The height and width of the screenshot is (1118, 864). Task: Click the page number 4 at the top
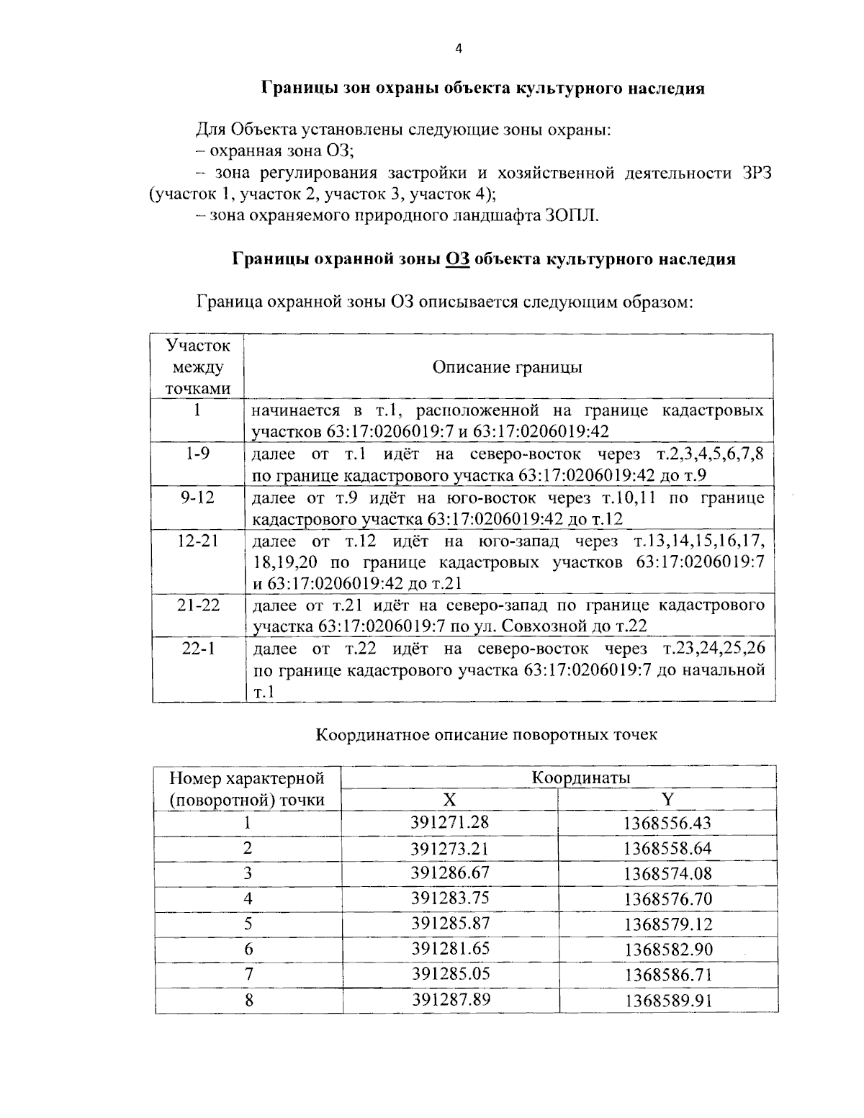(x=459, y=49)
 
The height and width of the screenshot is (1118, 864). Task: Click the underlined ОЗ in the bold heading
(x=458, y=259)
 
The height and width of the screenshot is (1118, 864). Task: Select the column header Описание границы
(x=507, y=367)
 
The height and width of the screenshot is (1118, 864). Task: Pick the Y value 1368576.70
(x=667, y=898)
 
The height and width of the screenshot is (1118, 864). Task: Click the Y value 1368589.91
(x=668, y=1000)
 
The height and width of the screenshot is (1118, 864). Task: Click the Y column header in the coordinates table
(x=667, y=800)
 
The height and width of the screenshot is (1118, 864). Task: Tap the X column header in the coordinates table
(x=449, y=800)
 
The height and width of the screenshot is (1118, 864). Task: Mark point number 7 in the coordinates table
(x=248, y=974)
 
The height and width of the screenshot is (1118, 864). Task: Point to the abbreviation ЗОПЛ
(x=572, y=215)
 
